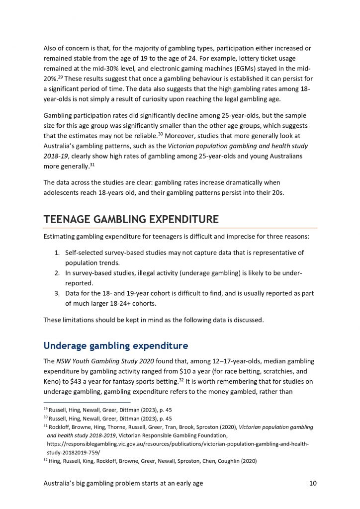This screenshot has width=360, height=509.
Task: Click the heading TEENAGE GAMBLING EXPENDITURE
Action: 131,219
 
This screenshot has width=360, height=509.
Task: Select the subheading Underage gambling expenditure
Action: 116,345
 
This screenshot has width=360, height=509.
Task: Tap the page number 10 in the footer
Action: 312,483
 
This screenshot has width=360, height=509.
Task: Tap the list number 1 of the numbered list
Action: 57,253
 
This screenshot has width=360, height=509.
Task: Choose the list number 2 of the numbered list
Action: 57,273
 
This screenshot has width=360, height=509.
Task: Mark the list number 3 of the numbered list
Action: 57,293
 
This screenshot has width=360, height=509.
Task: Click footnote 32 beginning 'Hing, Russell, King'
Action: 150,460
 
